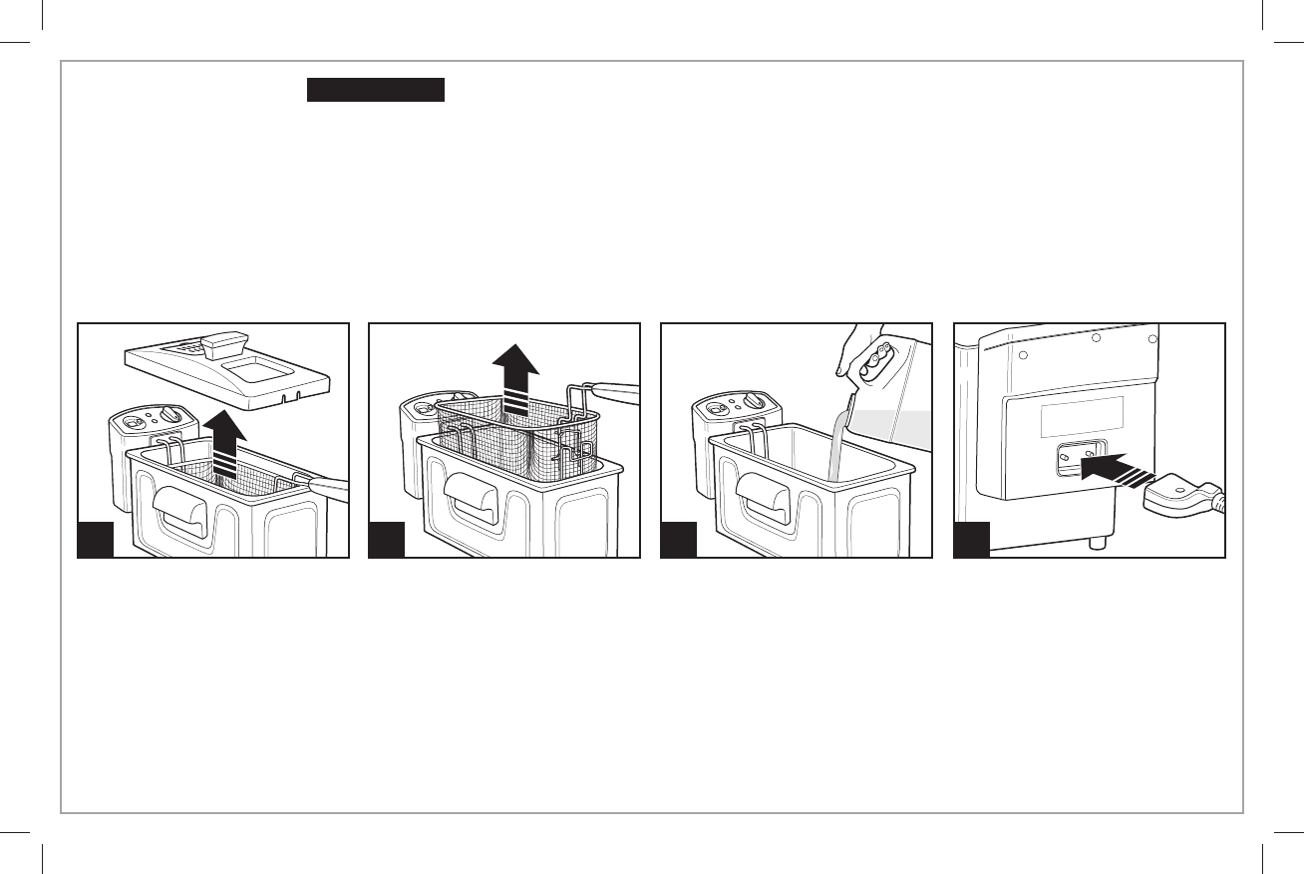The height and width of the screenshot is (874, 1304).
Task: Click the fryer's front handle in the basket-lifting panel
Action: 477,495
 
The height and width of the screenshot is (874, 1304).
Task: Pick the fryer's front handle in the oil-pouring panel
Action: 769,495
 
